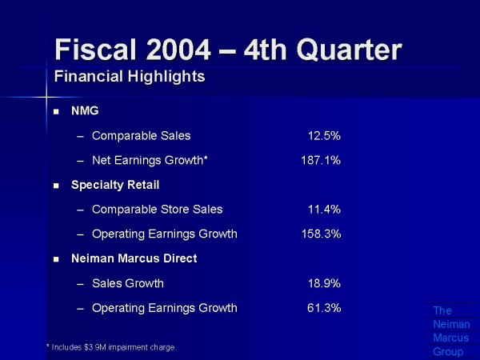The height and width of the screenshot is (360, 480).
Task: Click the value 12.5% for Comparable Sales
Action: pyautogui.click(x=324, y=135)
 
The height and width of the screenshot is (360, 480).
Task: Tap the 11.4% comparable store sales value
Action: pyautogui.click(x=324, y=210)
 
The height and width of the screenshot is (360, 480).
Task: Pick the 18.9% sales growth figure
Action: pyautogui.click(x=324, y=283)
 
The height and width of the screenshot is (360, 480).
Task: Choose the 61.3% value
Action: pyautogui.click(x=324, y=308)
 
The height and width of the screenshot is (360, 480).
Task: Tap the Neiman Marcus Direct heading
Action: pyautogui.click(x=134, y=258)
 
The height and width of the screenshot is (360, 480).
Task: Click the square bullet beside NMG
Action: pyautogui.click(x=56, y=111)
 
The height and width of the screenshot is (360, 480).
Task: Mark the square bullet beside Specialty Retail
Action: pyautogui.click(x=56, y=186)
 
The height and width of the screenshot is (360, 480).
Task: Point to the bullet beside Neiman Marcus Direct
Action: pyautogui.click(x=56, y=259)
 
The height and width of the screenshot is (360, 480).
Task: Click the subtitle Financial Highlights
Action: pyautogui.click(x=129, y=77)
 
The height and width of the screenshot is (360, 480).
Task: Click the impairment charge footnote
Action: pyautogui.click(x=111, y=346)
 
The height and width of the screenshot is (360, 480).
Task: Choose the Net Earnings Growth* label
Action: pyautogui.click(x=150, y=160)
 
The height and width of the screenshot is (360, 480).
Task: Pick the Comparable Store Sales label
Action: pyautogui.click(x=157, y=210)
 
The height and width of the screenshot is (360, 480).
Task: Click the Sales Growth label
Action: pyautogui.click(x=128, y=283)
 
